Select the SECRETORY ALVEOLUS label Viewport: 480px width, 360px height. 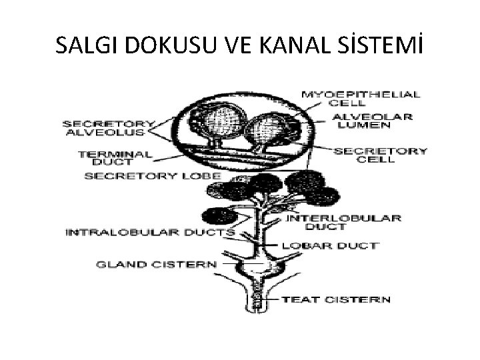[108, 127]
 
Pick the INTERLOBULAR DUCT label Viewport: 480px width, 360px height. [344, 222]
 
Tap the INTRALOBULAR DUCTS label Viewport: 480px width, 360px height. [150, 233]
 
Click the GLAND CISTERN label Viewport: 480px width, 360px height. [157, 263]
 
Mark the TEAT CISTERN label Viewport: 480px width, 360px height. [337, 299]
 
